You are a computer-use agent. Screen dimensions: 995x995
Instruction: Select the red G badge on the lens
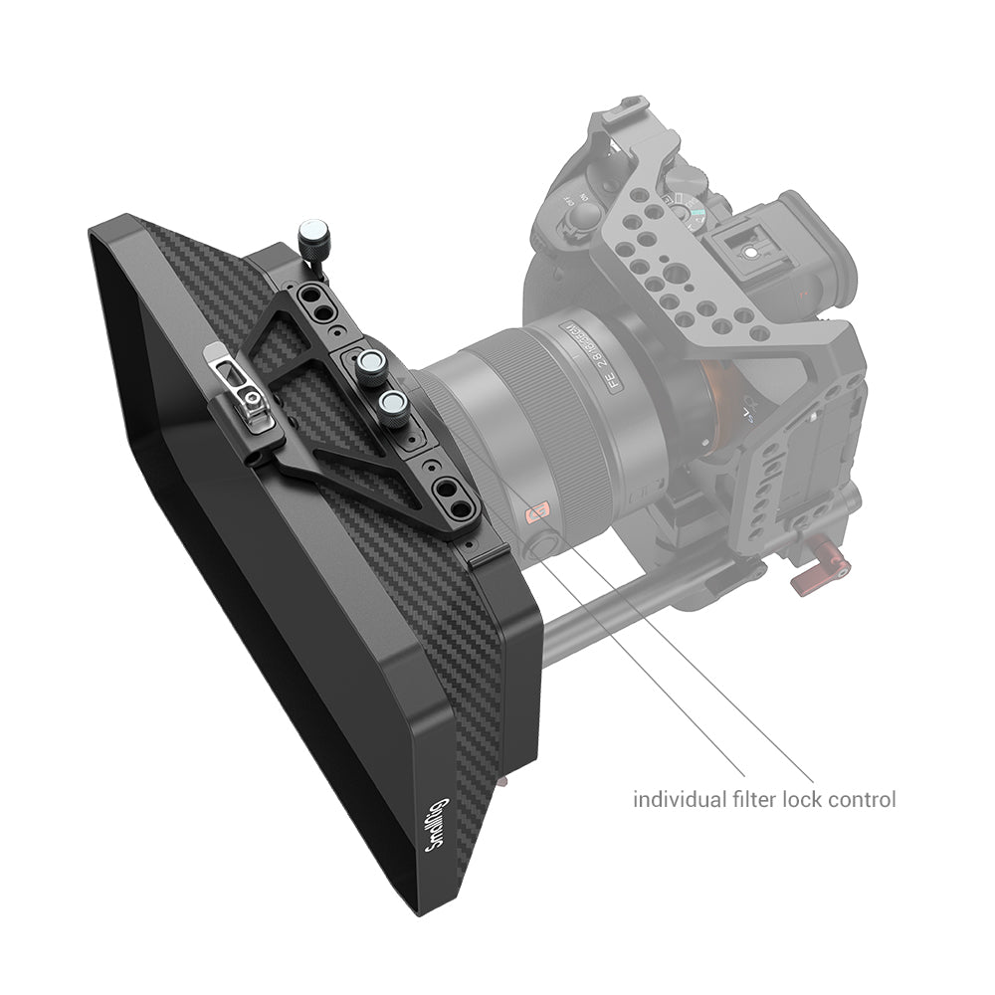tap(537, 513)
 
